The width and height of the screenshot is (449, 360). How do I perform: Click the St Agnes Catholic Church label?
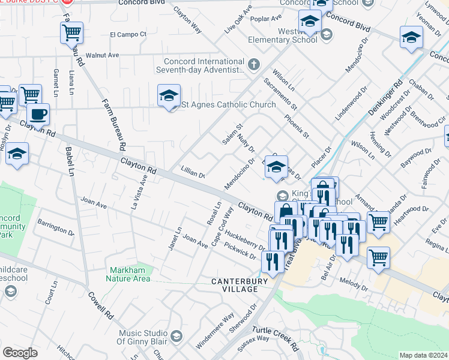(x=229, y=104)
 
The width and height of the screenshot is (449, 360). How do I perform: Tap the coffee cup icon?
(x=38, y=114)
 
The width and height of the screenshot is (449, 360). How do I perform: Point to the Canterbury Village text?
(x=234, y=285)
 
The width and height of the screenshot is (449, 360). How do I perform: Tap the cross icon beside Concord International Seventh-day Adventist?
(x=254, y=63)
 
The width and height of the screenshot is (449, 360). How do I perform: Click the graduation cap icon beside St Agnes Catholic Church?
(x=169, y=96)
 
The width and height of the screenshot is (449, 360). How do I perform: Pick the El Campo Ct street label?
(x=128, y=34)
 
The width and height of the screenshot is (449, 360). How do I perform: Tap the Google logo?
(x=20, y=353)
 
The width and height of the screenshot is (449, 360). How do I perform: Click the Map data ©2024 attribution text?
(x=424, y=355)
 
